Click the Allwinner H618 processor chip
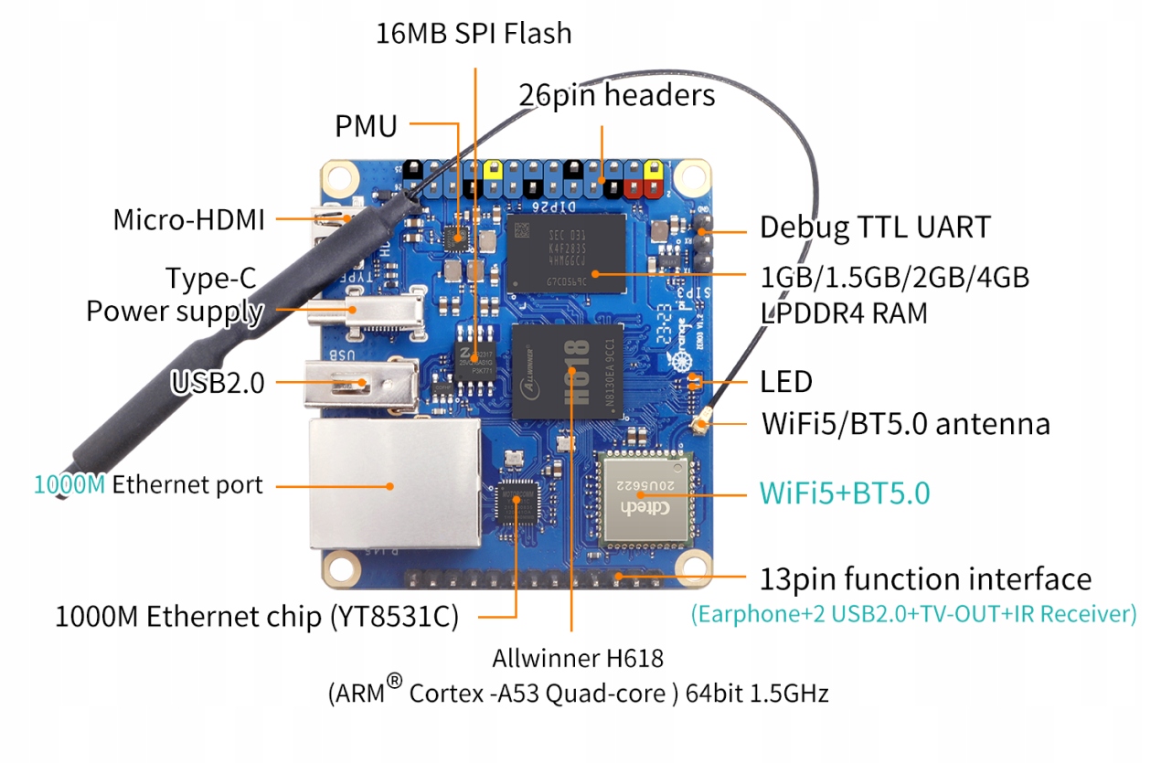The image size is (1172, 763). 568,372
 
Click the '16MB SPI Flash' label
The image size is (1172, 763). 474,34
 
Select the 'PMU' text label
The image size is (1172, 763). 366,126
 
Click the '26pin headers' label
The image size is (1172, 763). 617,94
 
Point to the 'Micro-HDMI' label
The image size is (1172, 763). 188,219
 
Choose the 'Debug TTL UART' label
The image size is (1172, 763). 875,227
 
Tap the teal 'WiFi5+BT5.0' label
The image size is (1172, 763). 845,493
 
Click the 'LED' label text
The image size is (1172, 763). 786,381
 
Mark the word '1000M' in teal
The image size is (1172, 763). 69,484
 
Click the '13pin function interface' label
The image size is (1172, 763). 925,578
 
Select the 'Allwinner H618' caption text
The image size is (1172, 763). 578,658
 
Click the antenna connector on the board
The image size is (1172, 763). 704,423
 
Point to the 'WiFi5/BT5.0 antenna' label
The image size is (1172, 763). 905,424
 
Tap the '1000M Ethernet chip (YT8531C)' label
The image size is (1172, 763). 256,617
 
